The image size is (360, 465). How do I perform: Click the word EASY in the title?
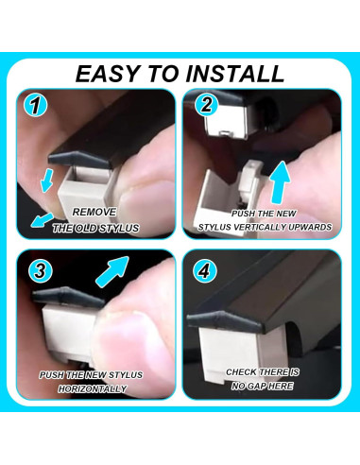(109, 74)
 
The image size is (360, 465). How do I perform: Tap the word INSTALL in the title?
(235, 74)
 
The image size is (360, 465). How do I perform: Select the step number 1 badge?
(36, 105)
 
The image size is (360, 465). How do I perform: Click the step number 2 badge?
(206, 104)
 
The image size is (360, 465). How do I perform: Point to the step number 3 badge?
(40, 270)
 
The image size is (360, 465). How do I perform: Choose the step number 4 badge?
(205, 270)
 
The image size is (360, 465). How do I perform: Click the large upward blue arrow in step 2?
(280, 182)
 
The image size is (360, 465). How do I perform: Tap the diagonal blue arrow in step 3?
(112, 271)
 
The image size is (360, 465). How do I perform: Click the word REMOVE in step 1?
(94, 212)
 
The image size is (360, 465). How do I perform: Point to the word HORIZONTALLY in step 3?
(93, 389)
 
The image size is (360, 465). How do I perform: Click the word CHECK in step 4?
(241, 372)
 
